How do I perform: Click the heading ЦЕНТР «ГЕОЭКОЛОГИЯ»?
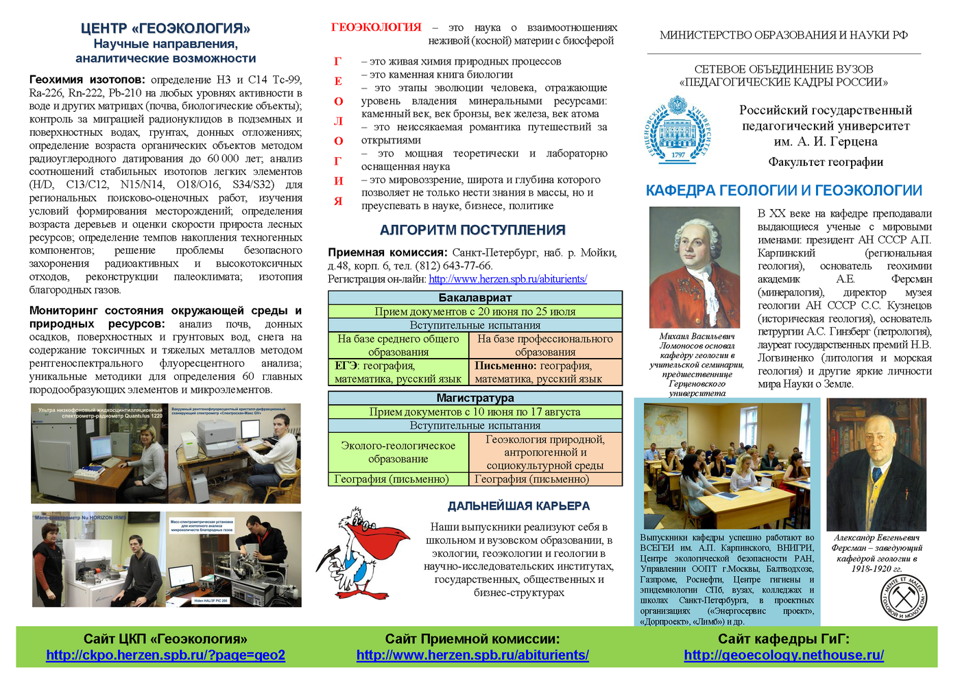tap(165, 28)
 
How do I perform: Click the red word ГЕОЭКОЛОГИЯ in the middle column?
tap(376, 27)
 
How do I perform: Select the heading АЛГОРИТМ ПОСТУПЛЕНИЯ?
tap(472, 230)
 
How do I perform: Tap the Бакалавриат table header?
tap(475, 298)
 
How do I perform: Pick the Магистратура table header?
tap(475, 398)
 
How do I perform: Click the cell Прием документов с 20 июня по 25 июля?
tap(475, 311)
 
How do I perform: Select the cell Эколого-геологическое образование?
tap(398, 452)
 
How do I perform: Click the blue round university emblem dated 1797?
tap(677, 130)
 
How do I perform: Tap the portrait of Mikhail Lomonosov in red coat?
tap(694, 267)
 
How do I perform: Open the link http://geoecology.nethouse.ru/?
tap(784, 655)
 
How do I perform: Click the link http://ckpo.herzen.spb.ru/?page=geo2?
tap(165, 655)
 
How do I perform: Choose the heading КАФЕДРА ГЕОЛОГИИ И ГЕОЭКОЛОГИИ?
tap(784, 191)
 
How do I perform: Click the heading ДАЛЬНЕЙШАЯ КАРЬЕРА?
tap(518, 506)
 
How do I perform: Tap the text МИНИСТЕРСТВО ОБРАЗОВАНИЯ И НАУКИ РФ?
tap(784, 35)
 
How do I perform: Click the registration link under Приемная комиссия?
tap(507, 279)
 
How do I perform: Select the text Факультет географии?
tap(826, 163)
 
